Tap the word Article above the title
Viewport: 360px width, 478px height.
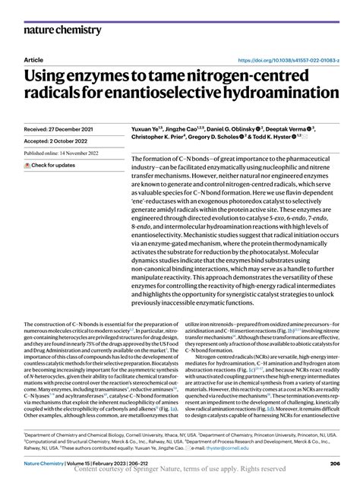click(x=33, y=59)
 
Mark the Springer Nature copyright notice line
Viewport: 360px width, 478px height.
click(x=179, y=470)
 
